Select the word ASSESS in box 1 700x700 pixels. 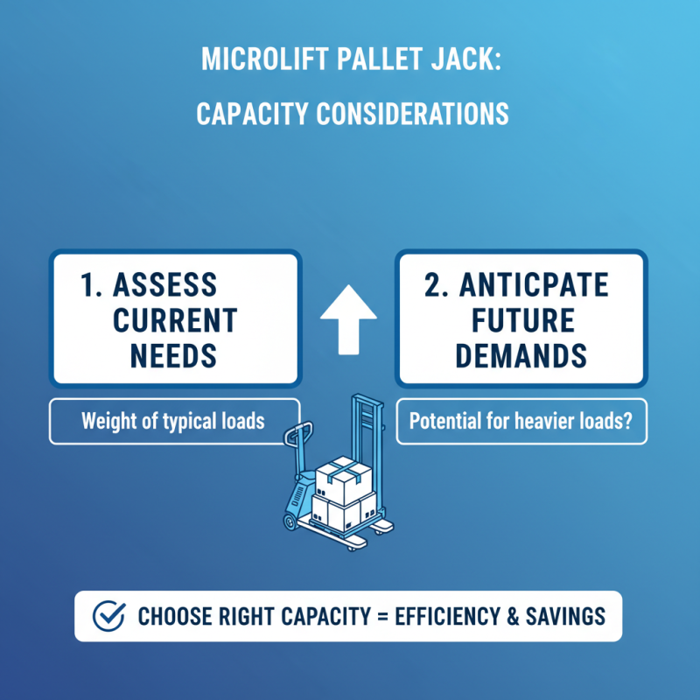pyautogui.click(x=165, y=286)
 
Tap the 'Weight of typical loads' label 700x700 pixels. pyautogui.click(x=173, y=421)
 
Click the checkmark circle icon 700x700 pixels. pyautogui.click(x=108, y=616)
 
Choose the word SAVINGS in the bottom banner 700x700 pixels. pyautogui.click(x=566, y=616)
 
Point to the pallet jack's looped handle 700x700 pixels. pyautogui.click(x=297, y=433)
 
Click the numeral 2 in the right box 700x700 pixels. pyautogui.click(x=432, y=286)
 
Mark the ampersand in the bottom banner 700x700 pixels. pyautogui.click(x=514, y=616)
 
